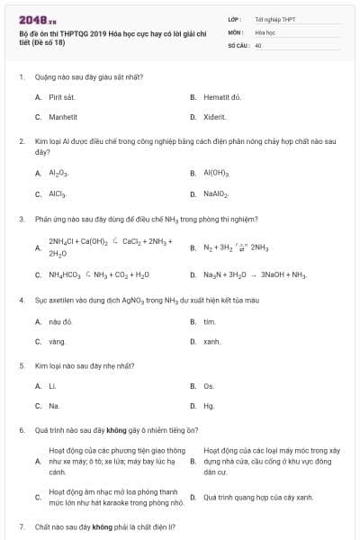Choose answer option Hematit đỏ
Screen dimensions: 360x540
222,95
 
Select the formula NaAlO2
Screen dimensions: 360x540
217,193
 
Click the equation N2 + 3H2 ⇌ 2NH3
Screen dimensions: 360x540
236,246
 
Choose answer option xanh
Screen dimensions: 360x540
211,341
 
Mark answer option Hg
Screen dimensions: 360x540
209,406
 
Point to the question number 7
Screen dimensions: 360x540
21,525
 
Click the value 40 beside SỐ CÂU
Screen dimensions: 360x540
258,44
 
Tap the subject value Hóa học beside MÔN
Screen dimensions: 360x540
265,31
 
